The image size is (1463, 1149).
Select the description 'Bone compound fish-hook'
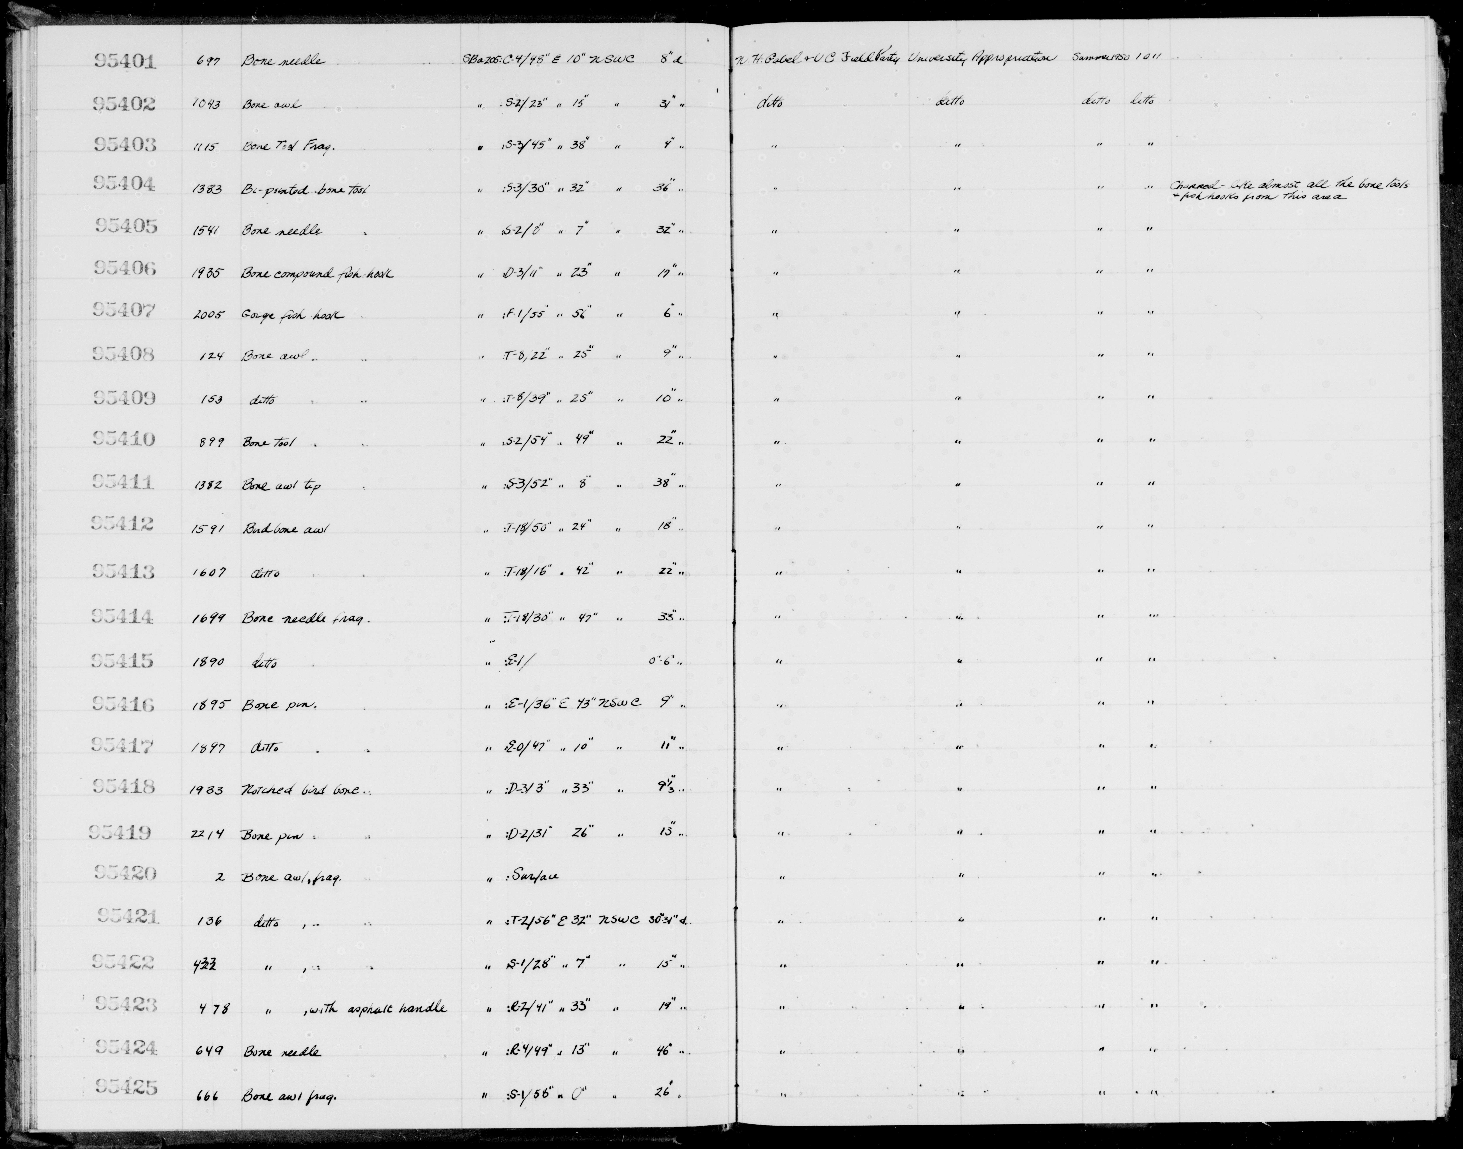click(317, 274)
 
